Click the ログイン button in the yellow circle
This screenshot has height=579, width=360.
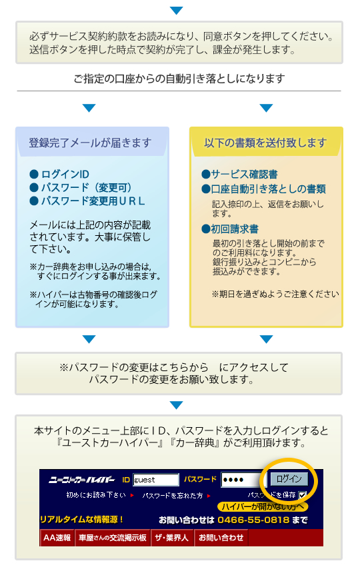289,479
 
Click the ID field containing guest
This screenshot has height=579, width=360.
156,480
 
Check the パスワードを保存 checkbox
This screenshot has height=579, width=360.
303,495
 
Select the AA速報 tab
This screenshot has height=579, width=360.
57,538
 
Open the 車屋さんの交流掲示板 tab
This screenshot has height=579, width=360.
113,538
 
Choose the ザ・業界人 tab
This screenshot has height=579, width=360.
171,538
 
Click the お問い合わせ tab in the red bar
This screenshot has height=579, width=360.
221,538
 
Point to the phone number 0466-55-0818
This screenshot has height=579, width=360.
253,520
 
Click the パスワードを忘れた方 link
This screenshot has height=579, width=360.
173,496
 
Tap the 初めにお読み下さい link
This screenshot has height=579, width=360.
96,495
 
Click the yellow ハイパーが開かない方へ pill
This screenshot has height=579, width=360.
263,506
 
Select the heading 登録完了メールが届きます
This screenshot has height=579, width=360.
90,143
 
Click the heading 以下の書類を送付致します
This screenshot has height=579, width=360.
265,143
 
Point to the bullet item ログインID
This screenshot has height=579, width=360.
59,174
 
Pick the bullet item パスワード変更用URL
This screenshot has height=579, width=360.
87,201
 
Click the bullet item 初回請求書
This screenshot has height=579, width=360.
230,229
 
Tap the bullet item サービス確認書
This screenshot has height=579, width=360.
239,174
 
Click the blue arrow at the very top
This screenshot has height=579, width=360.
176,10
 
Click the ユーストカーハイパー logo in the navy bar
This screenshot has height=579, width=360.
82,480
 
